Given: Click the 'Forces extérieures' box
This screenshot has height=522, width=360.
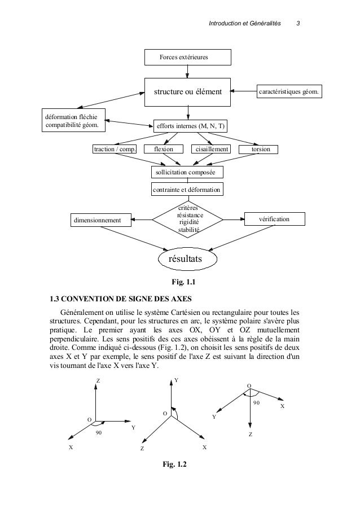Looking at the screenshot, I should coord(187,58).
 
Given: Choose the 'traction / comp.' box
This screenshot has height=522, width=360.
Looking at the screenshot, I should coord(115,150).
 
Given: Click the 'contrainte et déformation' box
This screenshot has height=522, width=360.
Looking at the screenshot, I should coord(187,190).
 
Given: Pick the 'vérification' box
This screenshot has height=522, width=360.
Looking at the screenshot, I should coord(274,218).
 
